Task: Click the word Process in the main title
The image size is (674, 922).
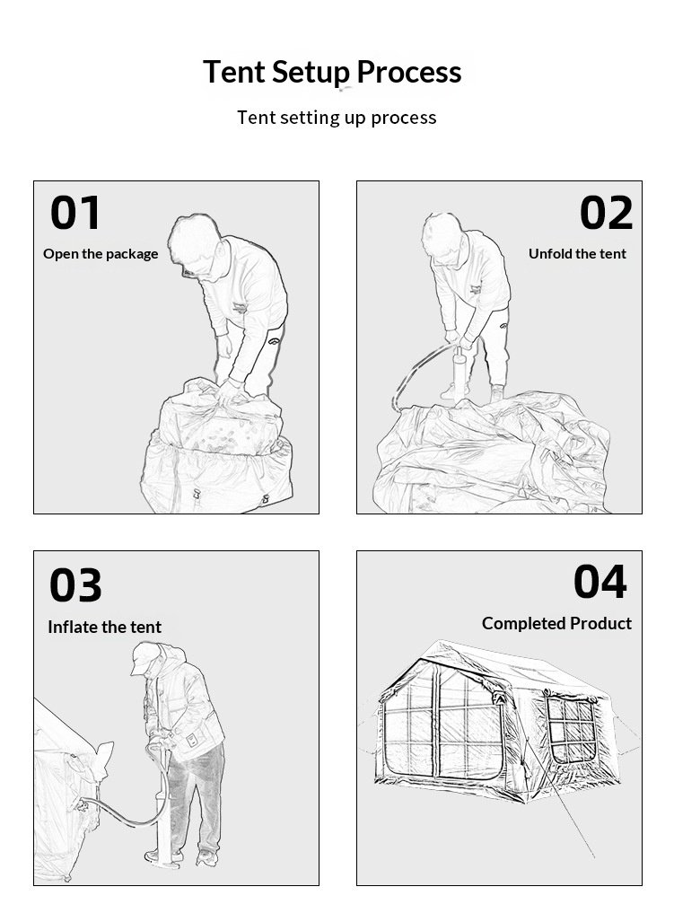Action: pos(408,72)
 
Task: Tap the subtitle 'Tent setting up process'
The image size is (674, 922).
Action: pos(337,118)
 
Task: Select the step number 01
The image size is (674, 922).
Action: pos(75,213)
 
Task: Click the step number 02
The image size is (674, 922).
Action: pos(606,213)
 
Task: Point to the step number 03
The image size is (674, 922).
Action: pos(75,585)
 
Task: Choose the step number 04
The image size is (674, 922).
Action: pos(600,582)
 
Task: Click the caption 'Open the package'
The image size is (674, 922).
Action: pos(101,254)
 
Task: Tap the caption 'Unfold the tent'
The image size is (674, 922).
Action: pos(577,253)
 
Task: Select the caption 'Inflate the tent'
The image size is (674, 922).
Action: pos(105,627)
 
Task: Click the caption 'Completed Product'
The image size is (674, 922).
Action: pos(556,623)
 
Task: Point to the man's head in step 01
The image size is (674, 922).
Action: pos(197,247)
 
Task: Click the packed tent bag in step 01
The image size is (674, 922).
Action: pos(217,450)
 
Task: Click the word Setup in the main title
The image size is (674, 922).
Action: pos(311,73)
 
